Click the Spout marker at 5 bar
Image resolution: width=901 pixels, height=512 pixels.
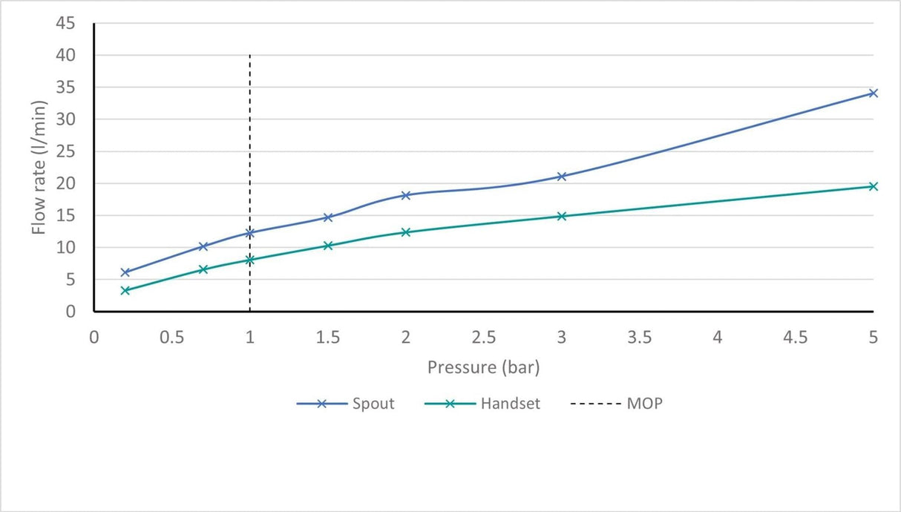pyautogui.click(x=873, y=93)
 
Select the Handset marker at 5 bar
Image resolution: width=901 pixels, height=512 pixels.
pyautogui.click(x=873, y=186)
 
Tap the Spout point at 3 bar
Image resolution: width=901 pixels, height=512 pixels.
pyautogui.click(x=562, y=177)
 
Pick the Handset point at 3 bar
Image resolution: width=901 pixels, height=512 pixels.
pyautogui.click(x=562, y=216)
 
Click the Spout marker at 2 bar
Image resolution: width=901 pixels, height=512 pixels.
pyautogui.click(x=406, y=195)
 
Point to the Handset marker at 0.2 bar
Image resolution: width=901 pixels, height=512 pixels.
pyautogui.click(x=125, y=290)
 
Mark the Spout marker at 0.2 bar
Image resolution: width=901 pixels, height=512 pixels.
pyautogui.click(x=125, y=272)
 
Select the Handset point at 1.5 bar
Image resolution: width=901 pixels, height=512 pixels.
pyautogui.click(x=328, y=246)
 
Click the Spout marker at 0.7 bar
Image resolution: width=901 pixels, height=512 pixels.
pyautogui.click(x=203, y=246)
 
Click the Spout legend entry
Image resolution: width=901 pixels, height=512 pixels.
pyautogui.click(x=346, y=404)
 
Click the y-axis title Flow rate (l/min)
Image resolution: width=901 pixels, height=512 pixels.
pyautogui.click(x=39, y=168)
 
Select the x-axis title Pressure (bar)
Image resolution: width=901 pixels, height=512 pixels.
pyautogui.click(x=483, y=367)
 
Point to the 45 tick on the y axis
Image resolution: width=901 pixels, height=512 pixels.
pyautogui.click(x=65, y=24)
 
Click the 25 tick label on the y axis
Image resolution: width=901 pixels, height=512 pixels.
pyautogui.click(x=65, y=151)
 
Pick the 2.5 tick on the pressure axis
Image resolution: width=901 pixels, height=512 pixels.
pyautogui.click(x=484, y=337)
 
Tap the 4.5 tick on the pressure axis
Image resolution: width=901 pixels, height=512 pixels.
pyautogui.click(x=796, y=337)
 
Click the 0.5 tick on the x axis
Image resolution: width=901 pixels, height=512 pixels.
pyautogui.click(x=172, y=337)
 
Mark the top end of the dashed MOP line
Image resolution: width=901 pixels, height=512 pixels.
pyautogui.click(x=250, y=56)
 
